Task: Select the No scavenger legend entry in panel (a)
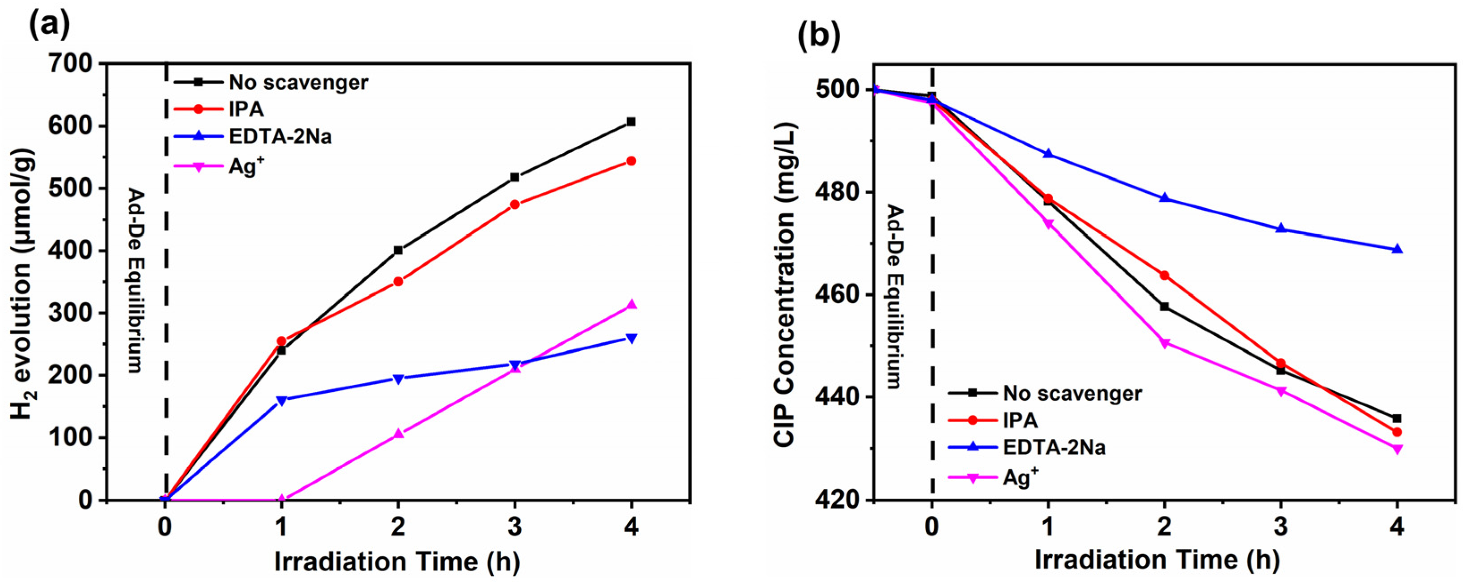[298, 82]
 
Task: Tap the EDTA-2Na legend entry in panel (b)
[1054, 447]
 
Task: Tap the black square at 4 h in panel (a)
[631, 122]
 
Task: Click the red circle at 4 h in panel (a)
[631, 161]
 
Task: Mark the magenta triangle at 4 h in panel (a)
[631, 305]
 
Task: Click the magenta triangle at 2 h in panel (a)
[398, 434]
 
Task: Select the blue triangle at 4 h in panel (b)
[1398, 249]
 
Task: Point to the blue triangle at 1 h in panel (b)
[1048, 154]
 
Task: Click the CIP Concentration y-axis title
[787, 296]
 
